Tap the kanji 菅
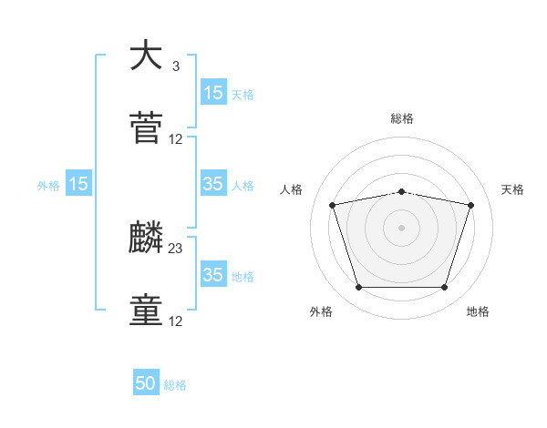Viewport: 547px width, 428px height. [x=146, y=128]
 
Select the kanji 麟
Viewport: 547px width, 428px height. [x=146, y=238]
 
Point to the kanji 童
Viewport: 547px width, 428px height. [x=146, y=311]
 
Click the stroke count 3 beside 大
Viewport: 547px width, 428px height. [x=175, y=66]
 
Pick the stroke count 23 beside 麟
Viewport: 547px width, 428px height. [x=176, y=248]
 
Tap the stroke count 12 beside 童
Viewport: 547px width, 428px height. [x=176, y=321]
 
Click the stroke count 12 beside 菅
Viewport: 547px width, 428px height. [x=176, y=139]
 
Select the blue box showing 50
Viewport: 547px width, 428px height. [x=146, y=384]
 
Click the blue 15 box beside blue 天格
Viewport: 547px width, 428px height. [x=213, y=93]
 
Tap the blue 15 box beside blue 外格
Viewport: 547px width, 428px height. [x=78, y=184]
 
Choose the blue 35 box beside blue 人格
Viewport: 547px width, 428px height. [x=213, y=184]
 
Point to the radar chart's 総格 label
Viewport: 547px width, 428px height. [x=401, y=118]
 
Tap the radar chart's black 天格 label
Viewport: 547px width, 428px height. [x=513, y=189]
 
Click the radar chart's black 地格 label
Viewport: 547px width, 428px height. [x=478, y=311]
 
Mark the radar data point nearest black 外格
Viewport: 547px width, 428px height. [x=358, y=288]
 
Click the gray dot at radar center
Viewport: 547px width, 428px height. [x=401, y=228]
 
